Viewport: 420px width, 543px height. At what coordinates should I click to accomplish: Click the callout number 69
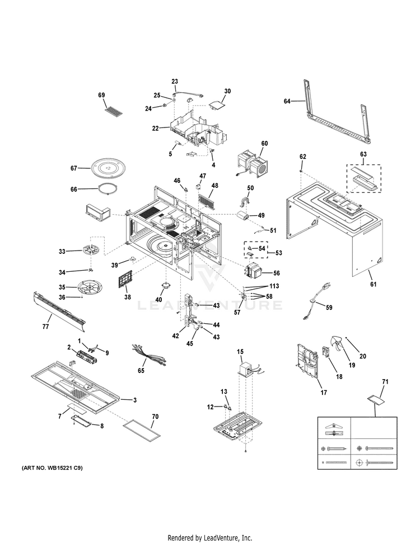(x=101, y=95)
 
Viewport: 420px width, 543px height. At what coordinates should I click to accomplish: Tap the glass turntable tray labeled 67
(x=106, y=167)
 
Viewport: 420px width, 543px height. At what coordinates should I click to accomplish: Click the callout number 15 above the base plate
(x=240, y=351)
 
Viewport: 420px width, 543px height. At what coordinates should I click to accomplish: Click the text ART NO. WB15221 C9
(x=52, y=467)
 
